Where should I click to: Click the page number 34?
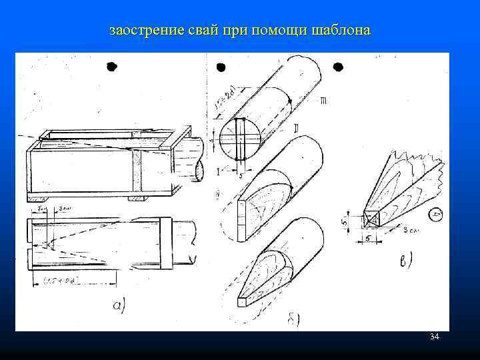pos(435,337)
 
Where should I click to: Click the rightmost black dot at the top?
pos(338,67)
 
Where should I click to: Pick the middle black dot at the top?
pos(221,67)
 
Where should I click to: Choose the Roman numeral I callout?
pos(217,172)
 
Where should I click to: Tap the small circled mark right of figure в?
pos(436,215)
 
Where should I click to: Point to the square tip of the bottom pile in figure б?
pos(241,301)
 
